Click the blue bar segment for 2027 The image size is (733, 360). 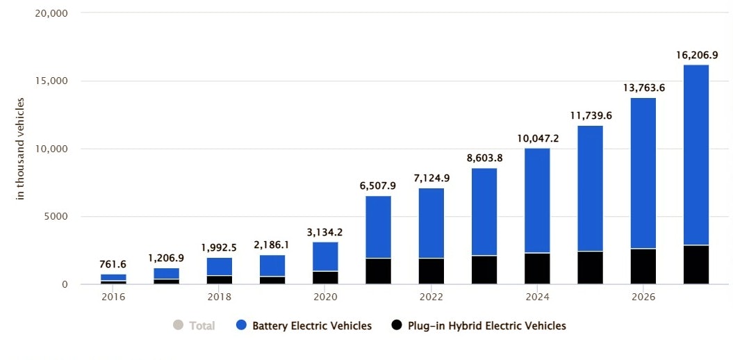click(x=695, y=154)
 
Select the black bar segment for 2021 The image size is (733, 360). click(x=379, y=271)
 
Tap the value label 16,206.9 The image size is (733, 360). click(x=695, y=54)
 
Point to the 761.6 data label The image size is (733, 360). click(x=113, y=263)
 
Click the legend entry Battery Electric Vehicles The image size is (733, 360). click(x=312, y=325)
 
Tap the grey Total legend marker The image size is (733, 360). click(x=177, y=325)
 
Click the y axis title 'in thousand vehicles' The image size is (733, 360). click(x=20, y=149)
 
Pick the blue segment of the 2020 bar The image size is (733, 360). click(x=326, y=256)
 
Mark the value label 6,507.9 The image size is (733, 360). click(x=379, y=186)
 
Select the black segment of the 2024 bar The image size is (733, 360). click(x=538, y=268)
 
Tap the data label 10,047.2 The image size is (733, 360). click(x=538, y=138)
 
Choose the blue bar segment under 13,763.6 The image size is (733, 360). click(x=643, y=173)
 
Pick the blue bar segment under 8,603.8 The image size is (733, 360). click(x=484, y=212)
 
